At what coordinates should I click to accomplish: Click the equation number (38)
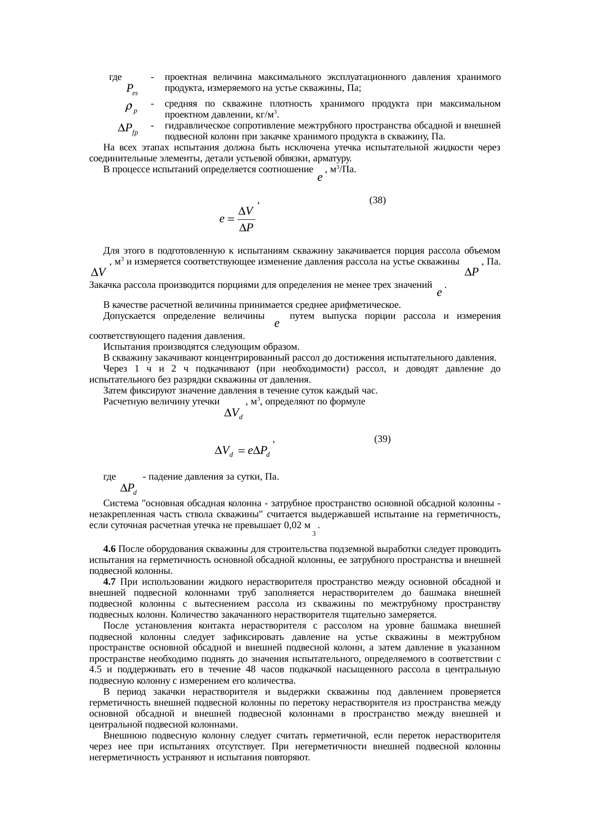[377, 200]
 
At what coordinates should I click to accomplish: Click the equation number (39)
[383, 439]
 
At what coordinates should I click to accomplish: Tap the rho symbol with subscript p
[131, 109]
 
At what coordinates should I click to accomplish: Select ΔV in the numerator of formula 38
[246, 211]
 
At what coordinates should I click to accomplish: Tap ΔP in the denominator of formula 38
[246, 228]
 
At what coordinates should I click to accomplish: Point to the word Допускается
[128, 316]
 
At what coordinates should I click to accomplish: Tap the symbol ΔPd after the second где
[129, 489]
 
